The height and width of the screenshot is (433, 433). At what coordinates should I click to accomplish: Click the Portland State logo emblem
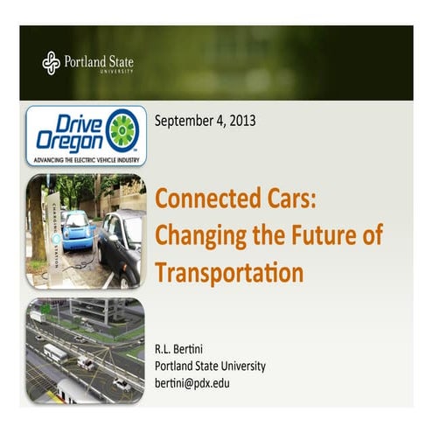[x=51, y=62]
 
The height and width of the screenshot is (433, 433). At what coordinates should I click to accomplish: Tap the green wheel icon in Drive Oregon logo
[x=122, y=129]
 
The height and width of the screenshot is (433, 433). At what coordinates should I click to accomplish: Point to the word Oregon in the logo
[x=69, y=143]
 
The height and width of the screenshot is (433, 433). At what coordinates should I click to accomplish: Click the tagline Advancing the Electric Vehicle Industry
[x=86, y=161]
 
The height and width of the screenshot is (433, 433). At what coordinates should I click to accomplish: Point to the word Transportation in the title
[x=229, y=272]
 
